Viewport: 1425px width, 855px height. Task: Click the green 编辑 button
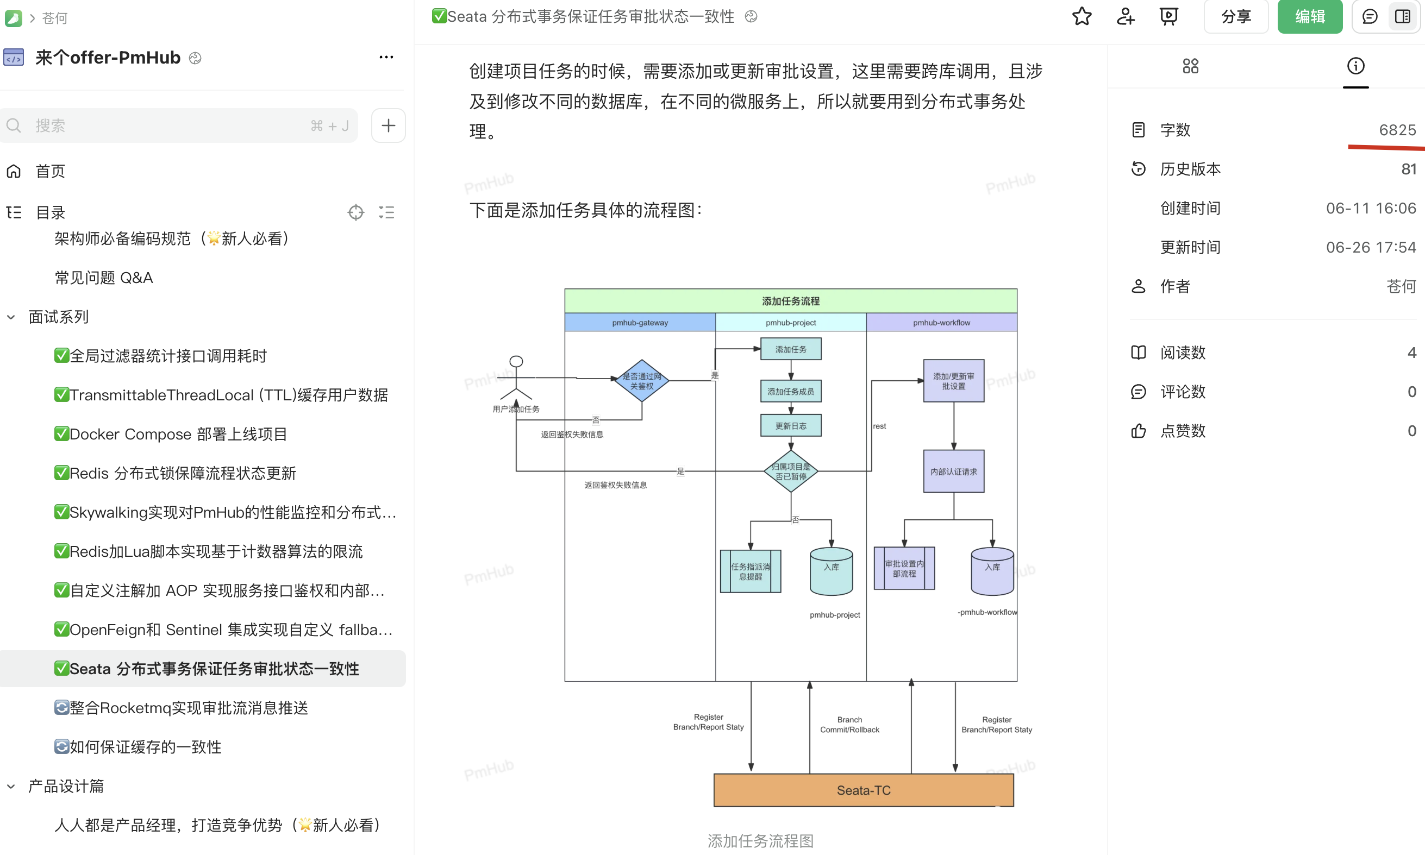click(x=1309, y=17)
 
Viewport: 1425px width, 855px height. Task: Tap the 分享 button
click(x=1236, y=17)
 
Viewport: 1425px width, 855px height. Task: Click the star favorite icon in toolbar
click(x=1082, y=17)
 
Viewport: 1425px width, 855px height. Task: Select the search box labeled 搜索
click(x=173, y=125)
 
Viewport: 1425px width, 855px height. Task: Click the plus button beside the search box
click(x=388, y=125)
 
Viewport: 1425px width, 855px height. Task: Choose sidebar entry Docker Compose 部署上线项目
click(x=178, y=434)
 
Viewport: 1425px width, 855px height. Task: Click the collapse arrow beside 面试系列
click(x=11, y=317)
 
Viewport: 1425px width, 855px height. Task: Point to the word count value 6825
click(x=1397, y=130)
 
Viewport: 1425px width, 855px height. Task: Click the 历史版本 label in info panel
click(x=1190, y=169)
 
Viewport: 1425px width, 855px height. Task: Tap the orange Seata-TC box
click(x=863, y=790)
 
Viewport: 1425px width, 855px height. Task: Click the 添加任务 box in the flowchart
click(x=790, y=349)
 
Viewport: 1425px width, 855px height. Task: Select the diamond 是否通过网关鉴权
click(x=642, y=381)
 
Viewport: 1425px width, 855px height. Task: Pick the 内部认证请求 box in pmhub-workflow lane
click(x=953, y=471)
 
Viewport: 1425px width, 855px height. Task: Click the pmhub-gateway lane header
click(x=640, y=323)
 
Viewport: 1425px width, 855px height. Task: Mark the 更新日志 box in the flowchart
click(x=790, y=426)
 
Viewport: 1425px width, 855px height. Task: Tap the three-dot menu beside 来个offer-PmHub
click(x=386, y=57)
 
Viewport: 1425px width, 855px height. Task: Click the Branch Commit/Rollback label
click(x=849, y=725)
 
